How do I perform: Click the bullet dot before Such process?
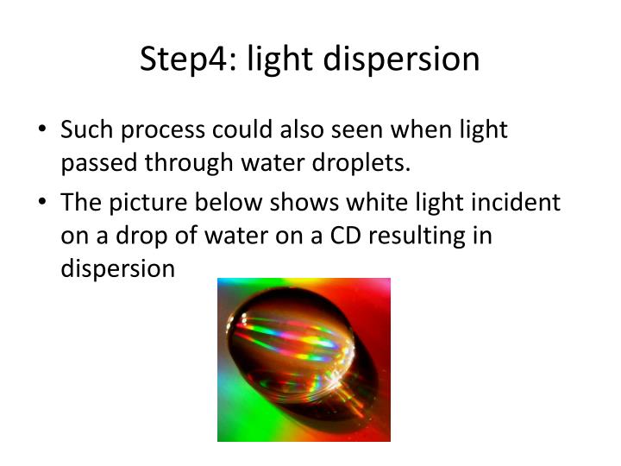coord(43,131)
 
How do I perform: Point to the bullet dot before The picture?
coord(43,204)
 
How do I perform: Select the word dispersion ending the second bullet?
coord(117,268)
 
